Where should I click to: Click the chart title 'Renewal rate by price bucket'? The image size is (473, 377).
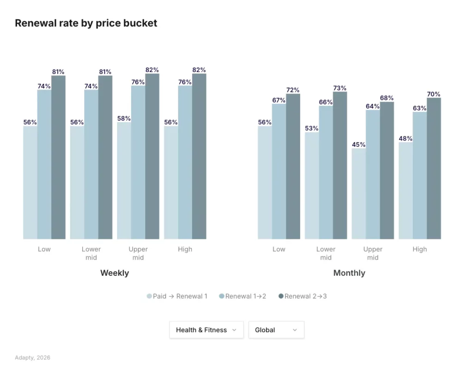[x=86, y=23]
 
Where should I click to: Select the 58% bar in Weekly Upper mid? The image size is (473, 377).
[x=124, y=181]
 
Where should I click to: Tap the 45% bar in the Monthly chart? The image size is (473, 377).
[x=358, y=194]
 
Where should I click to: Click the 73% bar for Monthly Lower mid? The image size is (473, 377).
[x=340, y=165]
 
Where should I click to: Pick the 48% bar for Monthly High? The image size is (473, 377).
[x=406, y=191]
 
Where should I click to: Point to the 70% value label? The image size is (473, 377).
[x=433, y=94]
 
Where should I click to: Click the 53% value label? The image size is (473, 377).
[x=311, y=128]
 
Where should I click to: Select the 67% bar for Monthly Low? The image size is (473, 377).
[x=279, y=171]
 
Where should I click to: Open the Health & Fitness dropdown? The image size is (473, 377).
[x=206, y=330]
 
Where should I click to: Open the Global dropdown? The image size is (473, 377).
[x=276, y=330]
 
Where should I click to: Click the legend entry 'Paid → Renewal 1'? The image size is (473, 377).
[x=177, y=296]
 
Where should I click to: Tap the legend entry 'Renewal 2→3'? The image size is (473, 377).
[x=303, y=296]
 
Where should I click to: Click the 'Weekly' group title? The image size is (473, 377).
[x=115, y=273]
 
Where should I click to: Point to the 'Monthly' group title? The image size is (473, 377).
[x=349, y=273]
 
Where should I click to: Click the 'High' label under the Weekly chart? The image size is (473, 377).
[x=185, y=249]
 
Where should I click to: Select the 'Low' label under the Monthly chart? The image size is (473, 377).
[x=279, y=249]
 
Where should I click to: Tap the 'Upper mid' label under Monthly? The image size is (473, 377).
[x=373, y=253]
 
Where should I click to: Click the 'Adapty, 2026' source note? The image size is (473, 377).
[x=32, y=358]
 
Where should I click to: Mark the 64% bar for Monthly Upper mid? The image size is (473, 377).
[x=373, y=175]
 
